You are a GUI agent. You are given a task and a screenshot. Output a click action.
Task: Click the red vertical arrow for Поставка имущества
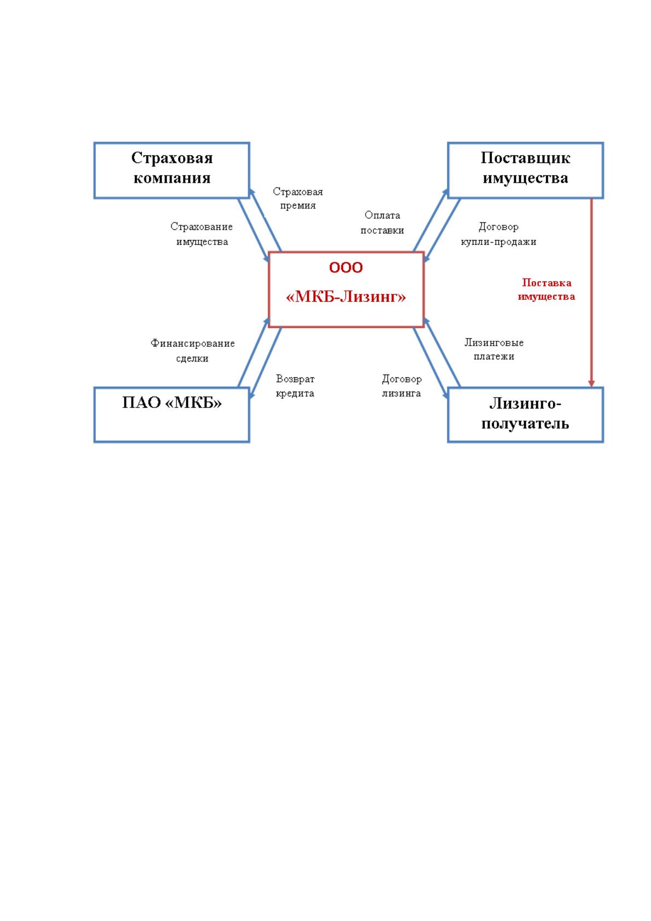click(591, 293)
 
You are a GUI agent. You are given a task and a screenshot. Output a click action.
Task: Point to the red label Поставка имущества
click(546, 289)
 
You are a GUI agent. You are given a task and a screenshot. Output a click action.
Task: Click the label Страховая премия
click(298, 198)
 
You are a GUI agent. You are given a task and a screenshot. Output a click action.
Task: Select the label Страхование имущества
click(202, 234)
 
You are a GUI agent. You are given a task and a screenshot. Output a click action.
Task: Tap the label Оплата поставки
click(382, 223)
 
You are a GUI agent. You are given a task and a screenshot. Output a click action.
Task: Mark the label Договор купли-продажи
click(498, 234)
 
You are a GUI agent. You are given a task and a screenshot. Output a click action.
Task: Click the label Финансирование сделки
click(192, 351)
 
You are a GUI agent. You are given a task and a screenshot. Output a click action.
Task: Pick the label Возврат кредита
click(295, 386)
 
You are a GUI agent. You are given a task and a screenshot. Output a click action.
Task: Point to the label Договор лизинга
click(402, 386)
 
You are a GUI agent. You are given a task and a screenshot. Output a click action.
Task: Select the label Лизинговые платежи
click(494, 349)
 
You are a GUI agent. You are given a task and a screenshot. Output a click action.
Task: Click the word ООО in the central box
click(346, 267)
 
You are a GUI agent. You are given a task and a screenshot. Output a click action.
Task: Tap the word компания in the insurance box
click(172, 178)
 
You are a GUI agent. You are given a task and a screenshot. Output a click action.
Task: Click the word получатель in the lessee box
click(525, 423)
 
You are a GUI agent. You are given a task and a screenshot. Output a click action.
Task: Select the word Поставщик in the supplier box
click(525, 158)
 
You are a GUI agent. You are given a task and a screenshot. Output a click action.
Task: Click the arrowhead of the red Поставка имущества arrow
click(591, 383)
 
